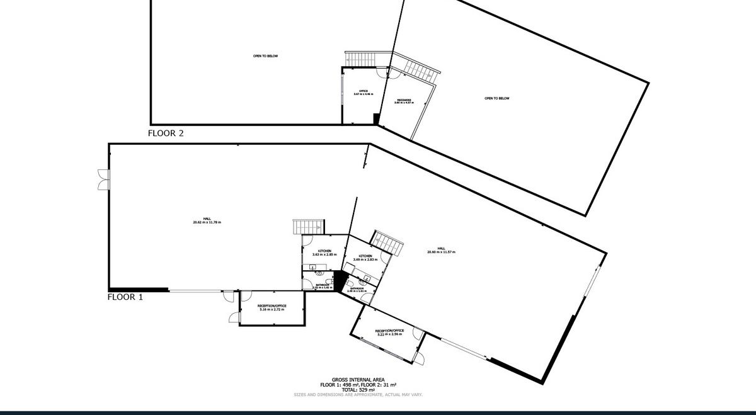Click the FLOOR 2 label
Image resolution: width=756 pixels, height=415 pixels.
[165, 133]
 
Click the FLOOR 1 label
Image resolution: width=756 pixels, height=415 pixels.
[125, 297]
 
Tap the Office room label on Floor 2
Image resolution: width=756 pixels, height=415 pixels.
[364, 93]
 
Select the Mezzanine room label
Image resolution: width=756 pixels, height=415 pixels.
[404, 100]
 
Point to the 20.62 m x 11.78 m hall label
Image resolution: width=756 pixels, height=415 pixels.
[207, 220]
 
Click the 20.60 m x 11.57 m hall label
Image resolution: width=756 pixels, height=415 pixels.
[441, 249]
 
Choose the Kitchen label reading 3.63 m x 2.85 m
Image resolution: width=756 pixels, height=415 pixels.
[324, 253]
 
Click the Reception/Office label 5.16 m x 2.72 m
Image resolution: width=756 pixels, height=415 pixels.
[273, 307]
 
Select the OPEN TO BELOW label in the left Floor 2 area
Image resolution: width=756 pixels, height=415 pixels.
[265, 56]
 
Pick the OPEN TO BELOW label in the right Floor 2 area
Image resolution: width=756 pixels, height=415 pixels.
[496, 98]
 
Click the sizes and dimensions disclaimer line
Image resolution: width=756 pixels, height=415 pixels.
[358, 395]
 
